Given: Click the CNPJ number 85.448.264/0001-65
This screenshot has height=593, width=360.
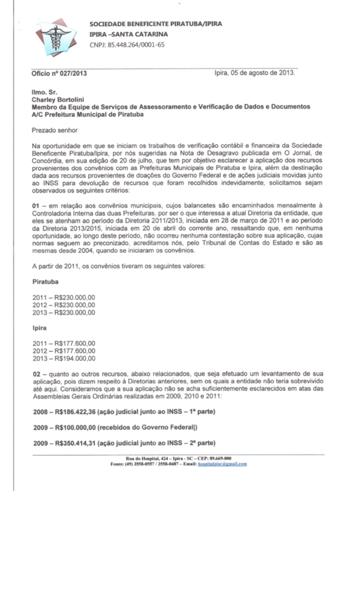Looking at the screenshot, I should pos(127,45).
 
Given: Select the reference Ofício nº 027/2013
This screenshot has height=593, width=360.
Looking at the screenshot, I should pos(60,74).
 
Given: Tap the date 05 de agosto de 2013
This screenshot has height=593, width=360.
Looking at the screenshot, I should pos(263,74).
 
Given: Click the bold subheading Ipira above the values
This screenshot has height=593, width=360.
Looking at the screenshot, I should pos(39,327).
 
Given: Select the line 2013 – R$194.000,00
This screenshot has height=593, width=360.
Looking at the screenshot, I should pos(64,358).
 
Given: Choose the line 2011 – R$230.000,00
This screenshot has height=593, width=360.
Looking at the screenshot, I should pos(64,297).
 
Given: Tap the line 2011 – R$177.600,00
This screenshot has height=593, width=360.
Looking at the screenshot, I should pos(64,343).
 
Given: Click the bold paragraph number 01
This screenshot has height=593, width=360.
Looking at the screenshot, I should pos(36,206).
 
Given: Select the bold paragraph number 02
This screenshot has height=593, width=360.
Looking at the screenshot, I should pos(36,375).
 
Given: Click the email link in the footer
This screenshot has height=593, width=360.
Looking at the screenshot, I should pos(222,464).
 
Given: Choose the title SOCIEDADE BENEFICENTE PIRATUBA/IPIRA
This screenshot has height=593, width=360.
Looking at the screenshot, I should pos(155,24).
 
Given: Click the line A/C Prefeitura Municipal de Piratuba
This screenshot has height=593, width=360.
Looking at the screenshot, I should pos(88,115).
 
